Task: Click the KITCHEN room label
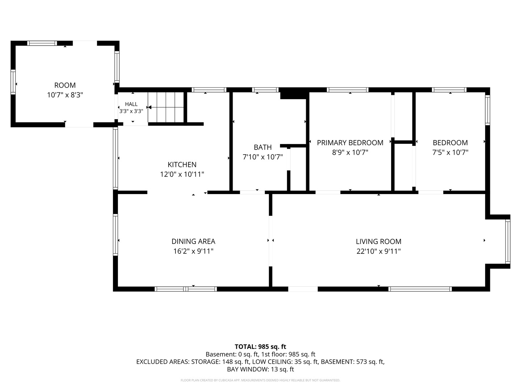182,164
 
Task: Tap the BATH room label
263,147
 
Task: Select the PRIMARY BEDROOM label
350,143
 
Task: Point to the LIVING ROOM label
378,241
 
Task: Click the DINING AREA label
194,241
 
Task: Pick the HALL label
131,104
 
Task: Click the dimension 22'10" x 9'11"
378,251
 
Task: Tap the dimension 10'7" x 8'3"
65,95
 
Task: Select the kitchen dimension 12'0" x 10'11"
182,175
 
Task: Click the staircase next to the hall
166,107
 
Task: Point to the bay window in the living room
508,241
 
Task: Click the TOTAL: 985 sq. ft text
260,347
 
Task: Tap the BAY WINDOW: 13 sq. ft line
260,369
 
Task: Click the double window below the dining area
186,289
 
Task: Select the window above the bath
265,90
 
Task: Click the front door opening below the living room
303,289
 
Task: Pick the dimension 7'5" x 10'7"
450,152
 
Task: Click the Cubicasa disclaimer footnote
260,380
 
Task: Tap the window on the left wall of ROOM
13,82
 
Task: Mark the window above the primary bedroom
347,90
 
